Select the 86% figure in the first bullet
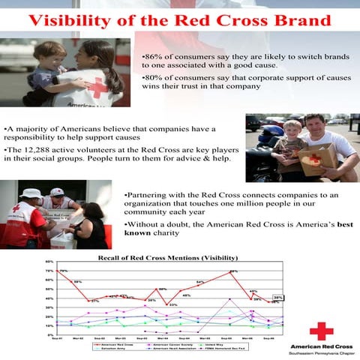[x=153, y=56]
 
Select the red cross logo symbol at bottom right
[x=321, y=331]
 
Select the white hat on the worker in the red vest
[x=31, y=193]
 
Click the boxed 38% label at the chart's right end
[x=277, y=298]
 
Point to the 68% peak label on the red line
[x=234, y=271]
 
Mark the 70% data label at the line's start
[x=64, y=271]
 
